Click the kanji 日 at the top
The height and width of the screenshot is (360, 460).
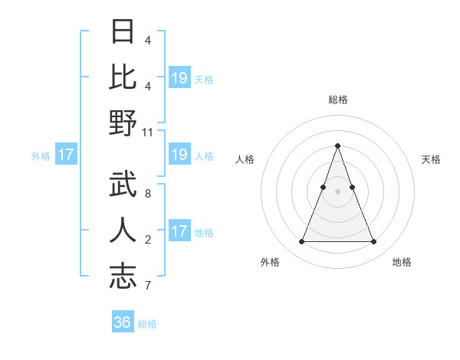pos(123,31)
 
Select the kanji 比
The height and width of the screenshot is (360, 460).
pos(123,77)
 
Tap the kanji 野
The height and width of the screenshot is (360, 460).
pos(123,123)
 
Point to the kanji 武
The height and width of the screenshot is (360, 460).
pos(123,185)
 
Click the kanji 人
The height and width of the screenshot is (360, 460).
pos(123,231)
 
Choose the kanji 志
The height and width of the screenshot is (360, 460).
pos(123,277)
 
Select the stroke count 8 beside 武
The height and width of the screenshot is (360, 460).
pos(147,194)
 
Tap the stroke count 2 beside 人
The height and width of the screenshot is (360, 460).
pos(147,240)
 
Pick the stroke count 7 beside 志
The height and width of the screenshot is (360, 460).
pos(147,286)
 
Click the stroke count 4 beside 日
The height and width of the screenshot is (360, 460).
pos(147,40)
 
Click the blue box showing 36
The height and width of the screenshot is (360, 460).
pos(123,322)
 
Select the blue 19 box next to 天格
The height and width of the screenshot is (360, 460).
pos(179,77)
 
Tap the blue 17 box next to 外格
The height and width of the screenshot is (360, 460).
pos(65,155)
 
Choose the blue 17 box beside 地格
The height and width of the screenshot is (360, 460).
pos(179,231)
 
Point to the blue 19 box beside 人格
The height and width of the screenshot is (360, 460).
pos(179,155)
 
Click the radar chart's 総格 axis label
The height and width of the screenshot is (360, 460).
pos(337,100)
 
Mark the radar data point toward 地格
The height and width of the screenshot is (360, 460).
pos(373,242)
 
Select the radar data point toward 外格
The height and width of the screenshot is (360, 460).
pos(301,242)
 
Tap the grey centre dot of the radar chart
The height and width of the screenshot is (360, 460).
pos(337,191)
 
